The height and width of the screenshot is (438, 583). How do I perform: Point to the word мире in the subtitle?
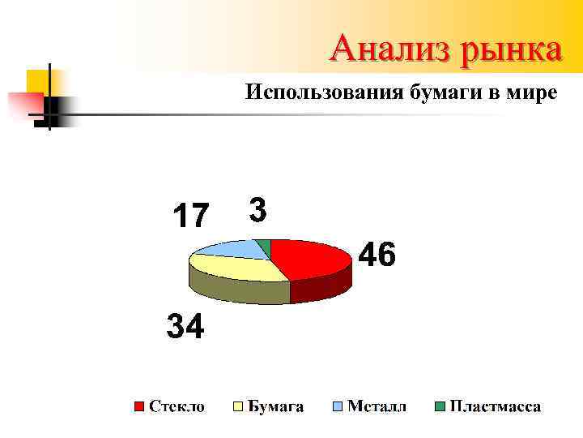[x=530, y=92]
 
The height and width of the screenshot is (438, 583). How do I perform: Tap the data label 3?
[x=257, y=211]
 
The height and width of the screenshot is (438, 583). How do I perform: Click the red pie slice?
[x=312, y=257]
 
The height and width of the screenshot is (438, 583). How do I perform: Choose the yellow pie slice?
[x=235, y=268]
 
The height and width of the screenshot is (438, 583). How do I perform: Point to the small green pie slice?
[x=263, y=244]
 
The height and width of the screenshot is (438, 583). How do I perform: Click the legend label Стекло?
[x=177, y=406]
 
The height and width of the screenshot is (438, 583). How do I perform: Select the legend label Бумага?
[x=275, y=406]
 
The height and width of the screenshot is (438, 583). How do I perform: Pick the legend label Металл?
[x=377, y=406]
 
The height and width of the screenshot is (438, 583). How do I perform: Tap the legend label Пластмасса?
[x=496, y=406]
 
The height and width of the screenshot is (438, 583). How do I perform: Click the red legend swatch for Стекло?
[x=139, y=406]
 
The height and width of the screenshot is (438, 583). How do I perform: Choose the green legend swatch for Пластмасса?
[x=440, y=406]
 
